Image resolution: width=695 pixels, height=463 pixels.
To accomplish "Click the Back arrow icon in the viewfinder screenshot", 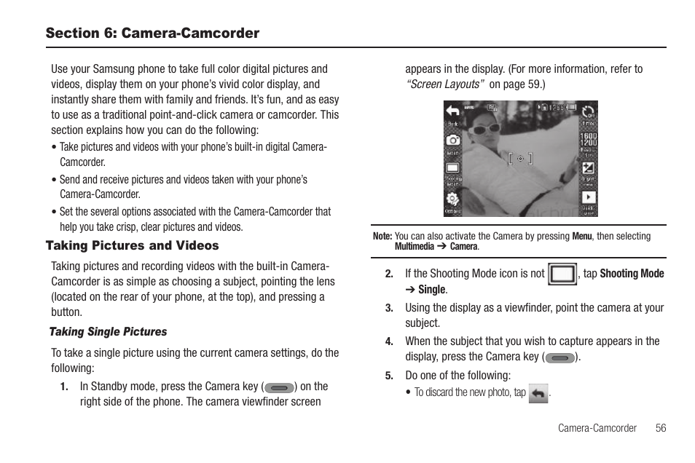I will (453, 111).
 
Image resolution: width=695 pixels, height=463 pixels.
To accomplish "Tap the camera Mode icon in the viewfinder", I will (453, 139).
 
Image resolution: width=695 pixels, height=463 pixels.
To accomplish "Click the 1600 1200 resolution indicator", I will (588, 139).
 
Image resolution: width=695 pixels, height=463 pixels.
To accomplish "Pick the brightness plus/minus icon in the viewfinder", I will (588, 169).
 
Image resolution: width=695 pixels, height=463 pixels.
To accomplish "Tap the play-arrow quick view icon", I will (588, 197).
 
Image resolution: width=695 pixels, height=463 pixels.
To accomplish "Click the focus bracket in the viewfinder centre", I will (520, 159).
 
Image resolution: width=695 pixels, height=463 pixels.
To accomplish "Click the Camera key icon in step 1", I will (279, 388).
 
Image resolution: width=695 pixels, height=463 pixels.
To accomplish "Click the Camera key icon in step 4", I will (560, 358).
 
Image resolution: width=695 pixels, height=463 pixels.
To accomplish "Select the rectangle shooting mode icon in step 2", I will (562, 274).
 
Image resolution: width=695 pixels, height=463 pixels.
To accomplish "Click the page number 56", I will (660, 428).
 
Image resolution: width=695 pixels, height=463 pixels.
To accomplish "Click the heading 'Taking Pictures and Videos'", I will (132, 246).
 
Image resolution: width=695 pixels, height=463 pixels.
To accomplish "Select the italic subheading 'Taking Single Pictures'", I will (108, 332).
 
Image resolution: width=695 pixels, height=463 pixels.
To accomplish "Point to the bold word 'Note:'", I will (382, 237).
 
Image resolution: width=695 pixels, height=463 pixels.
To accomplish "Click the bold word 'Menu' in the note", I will (581, 237).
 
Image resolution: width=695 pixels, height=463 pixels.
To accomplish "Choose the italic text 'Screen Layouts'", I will (445, 84).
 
